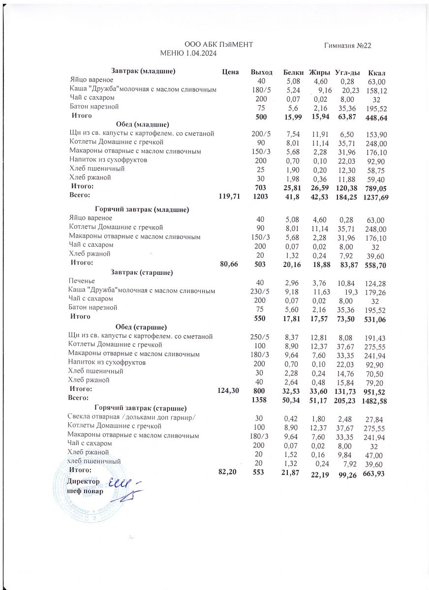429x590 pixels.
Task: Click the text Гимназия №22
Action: (x=347, y=45)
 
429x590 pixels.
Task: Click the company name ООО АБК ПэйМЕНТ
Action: (x=218, y=45)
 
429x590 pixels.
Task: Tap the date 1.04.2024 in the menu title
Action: (x=199, y=53)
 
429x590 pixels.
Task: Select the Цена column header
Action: (x=230, y=72)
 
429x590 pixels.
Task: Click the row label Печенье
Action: (x=82, y=281)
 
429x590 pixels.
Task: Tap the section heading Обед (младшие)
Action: (x=143, y=124)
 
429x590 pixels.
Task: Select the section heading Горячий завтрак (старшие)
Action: (x=140, y=408)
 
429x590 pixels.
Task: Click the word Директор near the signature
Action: (x=84, y=481)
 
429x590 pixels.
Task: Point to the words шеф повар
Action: (x=85, y=491)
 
